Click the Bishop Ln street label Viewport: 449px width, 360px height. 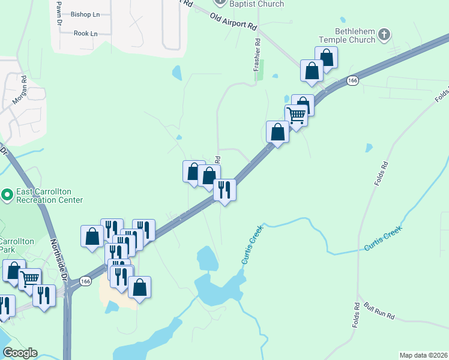[x=85, y=14]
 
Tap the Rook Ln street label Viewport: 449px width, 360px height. [x=85, y=34]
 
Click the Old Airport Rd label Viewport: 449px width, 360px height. [x=233, y=22]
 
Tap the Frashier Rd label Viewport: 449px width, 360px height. [x=257, y=55]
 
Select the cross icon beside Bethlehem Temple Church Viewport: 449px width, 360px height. [x=385, y=35]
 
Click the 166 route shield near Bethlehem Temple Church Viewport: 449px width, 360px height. [x=352, y=80]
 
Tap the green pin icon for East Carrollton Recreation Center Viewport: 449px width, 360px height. [x=7, y=195]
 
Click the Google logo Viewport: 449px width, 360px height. [x=20, y=353]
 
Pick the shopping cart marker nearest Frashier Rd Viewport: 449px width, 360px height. [x=297, y=115]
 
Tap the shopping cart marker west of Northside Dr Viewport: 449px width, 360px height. [x=30, y=278]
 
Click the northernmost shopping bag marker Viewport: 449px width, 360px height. [x=326, y=57]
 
